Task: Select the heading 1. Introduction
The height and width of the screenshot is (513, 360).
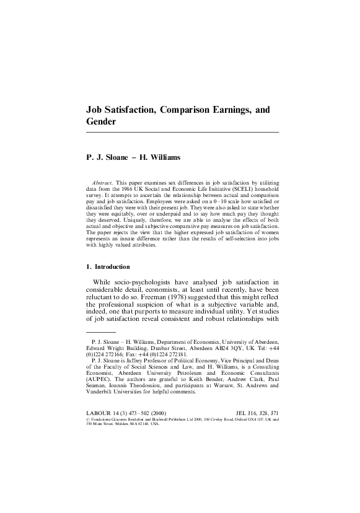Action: click(x=108, y=267)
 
